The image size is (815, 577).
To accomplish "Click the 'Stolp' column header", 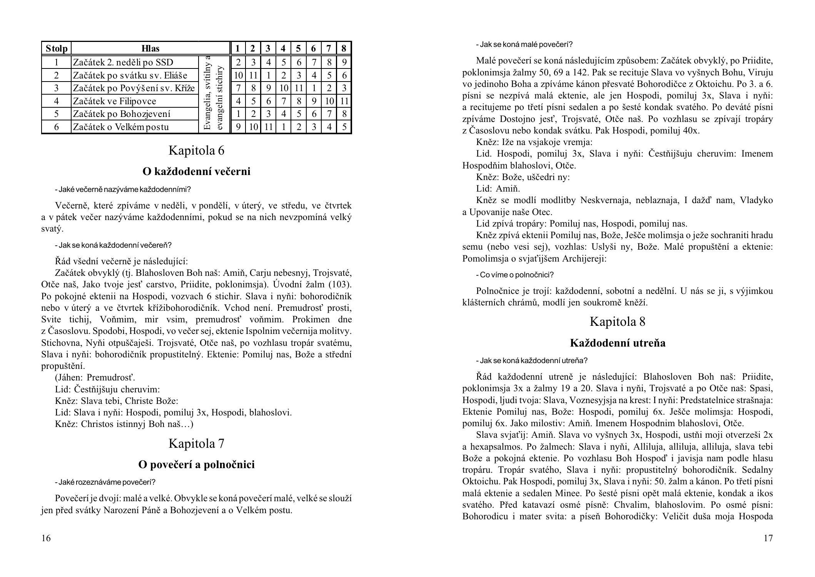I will pyautogui.click(x=56, y=48).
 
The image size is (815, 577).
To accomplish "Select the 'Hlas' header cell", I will pyautogui.click(x=150, y=48).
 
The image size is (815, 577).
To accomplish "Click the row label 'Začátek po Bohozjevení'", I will pyautogui.click(x=122, y=114).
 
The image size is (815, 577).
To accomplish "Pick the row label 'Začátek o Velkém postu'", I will pyautogui.click(x=121, y=127).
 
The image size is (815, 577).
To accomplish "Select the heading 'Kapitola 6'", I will pyautogui.click(x=196, y=150).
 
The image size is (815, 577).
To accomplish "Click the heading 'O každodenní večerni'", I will pyautogui.click(x=196, y=171).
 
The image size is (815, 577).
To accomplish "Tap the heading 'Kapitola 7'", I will pyautogui.click(x=196, y=444).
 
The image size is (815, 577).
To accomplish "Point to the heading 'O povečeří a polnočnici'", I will pyautogui.click(x=196, y=465).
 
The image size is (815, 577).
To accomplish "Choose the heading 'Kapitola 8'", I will pyautogui.click(x=617, y=322).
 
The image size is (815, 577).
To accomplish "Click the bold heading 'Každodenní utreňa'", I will pyautogui.click(x=617, y=343).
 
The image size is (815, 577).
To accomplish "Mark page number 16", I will pyautogui.click(x=46, y=538).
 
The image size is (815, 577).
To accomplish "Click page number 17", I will pyautogui.click(x=768, y=538).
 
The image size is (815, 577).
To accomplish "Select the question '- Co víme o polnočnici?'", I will pyautogui.click(x=514, y=275).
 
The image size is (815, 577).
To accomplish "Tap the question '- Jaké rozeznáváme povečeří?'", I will pyautogui.click(x=105, y=482).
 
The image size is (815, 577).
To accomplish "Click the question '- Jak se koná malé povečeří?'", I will pyautogui.click(x=524, y=44).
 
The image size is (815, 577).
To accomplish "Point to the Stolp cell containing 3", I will pyautogui.click(x=56, y=88).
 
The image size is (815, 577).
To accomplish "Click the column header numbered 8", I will pyautogui.click(x=344, y=48).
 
